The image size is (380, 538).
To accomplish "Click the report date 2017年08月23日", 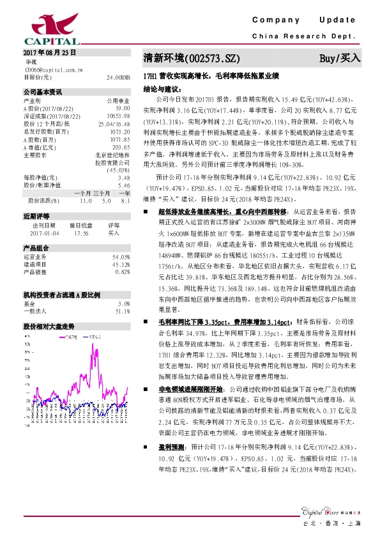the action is point(49,52).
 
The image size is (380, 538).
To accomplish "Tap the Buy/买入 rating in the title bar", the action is point(340,59).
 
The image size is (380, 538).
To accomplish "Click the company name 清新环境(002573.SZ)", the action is point(191,59).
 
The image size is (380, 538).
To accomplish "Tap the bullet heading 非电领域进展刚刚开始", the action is point(190,388).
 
